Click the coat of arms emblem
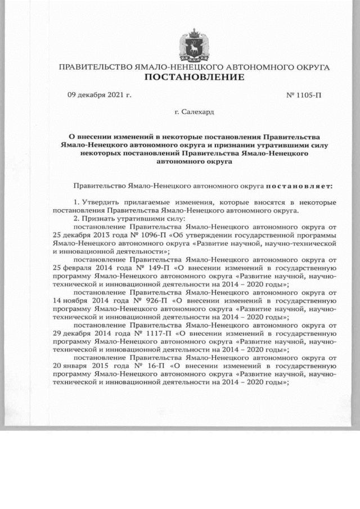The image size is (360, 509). pos(195,44)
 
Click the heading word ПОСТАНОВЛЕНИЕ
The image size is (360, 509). pos(195,77)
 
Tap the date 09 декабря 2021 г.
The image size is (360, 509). pos(99,94)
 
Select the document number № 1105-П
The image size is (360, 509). pos(304,94)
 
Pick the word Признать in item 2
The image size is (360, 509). pos(99,218)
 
